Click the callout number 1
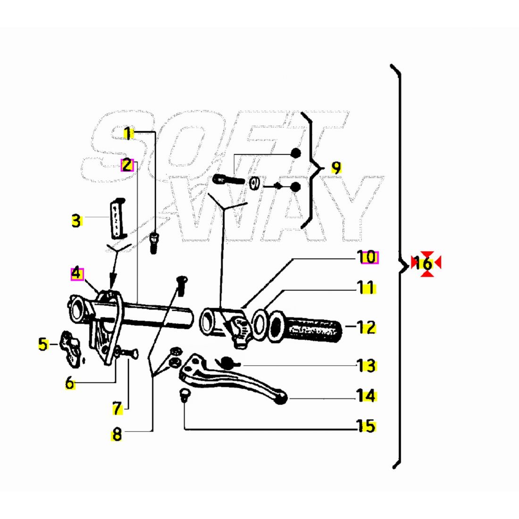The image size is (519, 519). coord(127,134)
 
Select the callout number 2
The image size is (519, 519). coord(127,165)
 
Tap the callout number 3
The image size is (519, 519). coord(76,221)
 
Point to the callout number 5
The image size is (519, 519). coord(43,344)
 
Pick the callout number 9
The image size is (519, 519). coord(336,167)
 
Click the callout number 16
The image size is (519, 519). coord(423,264)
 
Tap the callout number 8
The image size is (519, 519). coord(117,434)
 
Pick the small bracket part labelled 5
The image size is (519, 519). coord(70,349)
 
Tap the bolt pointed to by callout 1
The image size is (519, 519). coord(154,243)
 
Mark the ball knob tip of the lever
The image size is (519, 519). coord(281,398)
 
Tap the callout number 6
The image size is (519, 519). coord(70,383)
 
